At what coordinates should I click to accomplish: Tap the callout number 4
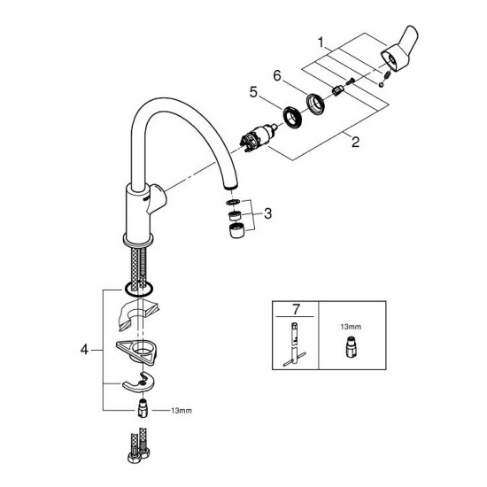[84, 351]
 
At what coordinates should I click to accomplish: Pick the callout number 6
[276, 77]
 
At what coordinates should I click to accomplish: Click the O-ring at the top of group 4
[138, 289]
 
